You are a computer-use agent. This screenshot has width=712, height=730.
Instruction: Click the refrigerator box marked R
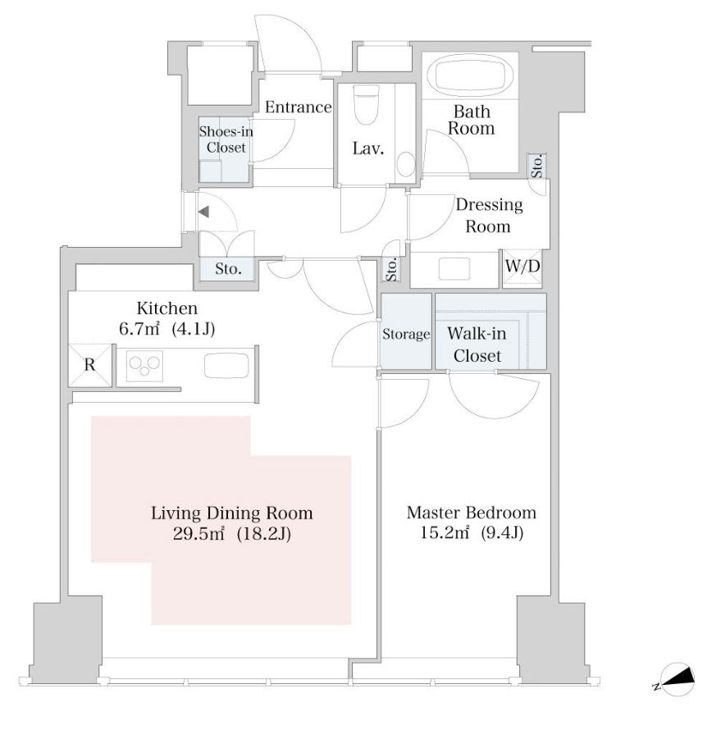tap(90, 365)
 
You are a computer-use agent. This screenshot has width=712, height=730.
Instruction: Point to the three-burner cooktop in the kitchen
tap(145, 366)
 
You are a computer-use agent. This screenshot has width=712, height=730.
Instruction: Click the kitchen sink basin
tap(226, 366)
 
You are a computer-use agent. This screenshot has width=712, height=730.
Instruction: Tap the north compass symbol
tap(677, 679)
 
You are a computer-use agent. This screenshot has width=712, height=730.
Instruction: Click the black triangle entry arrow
tap(203, 212)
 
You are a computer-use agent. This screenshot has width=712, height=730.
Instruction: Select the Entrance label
tap(298, 107)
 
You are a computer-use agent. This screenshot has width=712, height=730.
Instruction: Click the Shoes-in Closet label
tap(226, 139)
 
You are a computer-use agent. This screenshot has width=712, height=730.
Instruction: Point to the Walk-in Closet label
tap(477, 344)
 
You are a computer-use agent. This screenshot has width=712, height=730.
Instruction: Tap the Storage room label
tap(406, 335)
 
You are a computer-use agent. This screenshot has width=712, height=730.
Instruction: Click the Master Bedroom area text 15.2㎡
tap(444, 532)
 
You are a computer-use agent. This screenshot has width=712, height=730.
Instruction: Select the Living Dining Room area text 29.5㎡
tap(199, 533)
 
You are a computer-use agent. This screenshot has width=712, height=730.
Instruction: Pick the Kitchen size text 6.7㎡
tap(139, 329)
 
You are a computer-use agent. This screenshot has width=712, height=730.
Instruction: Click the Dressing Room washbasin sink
tap(454, 269)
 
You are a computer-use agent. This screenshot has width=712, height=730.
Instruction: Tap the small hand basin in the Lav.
tap(406, 164)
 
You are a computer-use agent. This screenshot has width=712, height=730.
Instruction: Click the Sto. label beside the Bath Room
tap(537, 167)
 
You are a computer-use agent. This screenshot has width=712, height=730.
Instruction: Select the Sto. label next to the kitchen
tap(228, 269)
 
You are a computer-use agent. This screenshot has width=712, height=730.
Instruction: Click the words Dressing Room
tap(489, 215)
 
